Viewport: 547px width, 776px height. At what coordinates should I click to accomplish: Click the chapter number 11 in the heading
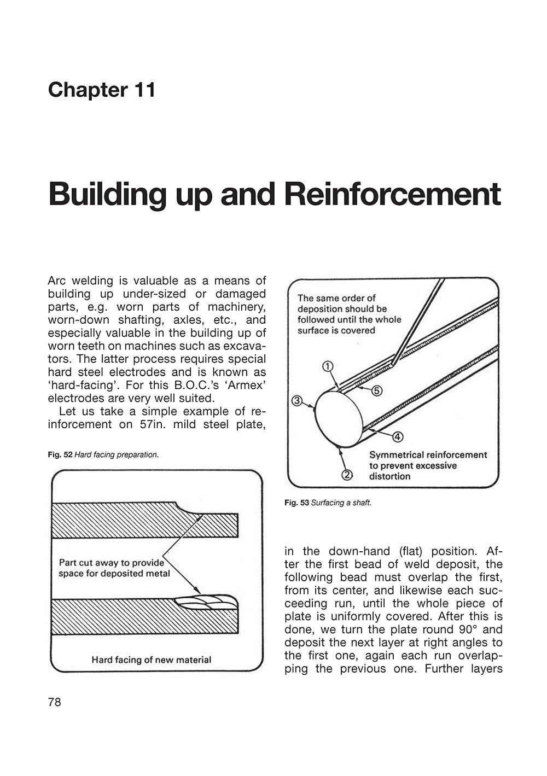(144, 90)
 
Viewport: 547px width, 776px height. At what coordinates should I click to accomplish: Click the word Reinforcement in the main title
(392, 194)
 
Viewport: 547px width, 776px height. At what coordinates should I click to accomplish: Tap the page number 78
(55, 702)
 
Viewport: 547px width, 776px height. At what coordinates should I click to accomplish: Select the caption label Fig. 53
(296, 503)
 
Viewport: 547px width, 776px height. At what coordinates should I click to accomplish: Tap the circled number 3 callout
(297, 401)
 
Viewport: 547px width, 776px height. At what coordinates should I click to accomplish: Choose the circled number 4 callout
(398, 436)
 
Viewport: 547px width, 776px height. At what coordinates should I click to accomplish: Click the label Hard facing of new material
(151, 660)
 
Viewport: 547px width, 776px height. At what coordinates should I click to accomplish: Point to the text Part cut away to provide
(111, 562)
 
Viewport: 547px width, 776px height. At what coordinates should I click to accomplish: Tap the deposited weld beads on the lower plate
(206, 602)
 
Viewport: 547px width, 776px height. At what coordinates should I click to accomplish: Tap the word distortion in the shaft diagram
(389, 476)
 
